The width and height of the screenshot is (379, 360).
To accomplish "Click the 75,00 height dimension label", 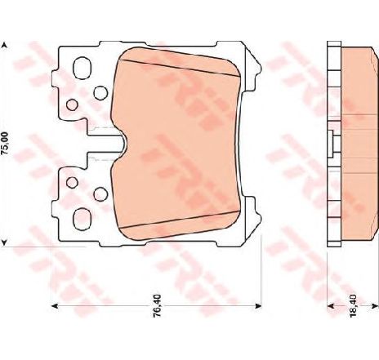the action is [x=5, y=144].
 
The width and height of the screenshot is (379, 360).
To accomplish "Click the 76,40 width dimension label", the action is [x=158, y=305].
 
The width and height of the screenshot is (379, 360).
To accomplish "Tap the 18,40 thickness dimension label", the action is [x=353, y=306].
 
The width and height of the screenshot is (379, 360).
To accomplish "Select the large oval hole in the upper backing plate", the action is [x=82, y=68].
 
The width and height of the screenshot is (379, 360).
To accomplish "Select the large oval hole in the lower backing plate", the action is [x=82, y=220].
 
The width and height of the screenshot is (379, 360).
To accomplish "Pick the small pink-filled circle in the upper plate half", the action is [x=72, y=104].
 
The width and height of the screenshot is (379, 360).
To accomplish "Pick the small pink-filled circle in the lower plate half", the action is [x=72, y=183].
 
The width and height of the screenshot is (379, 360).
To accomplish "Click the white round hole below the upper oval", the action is [x=100, y=92].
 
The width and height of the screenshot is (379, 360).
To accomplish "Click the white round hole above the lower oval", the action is [x=100, y=194].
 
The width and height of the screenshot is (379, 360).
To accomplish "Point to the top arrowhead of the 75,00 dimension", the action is [x=4, y=45].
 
